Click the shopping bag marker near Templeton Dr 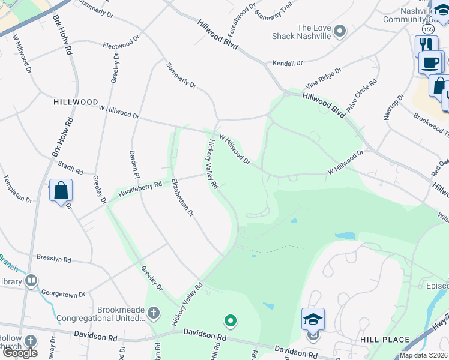[x=61, y=191]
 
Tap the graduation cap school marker [x=313, y=319]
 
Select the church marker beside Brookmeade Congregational [x=154, y=313]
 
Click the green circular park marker [x=229, y=319]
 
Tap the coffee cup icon [x=430, y=62]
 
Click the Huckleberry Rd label [x=140, y=188]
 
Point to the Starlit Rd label [x=70, y=167]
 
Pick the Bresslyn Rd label [x=53, y=260]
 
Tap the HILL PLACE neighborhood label [x=380, y=340]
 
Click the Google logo [x=19, y=353]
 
